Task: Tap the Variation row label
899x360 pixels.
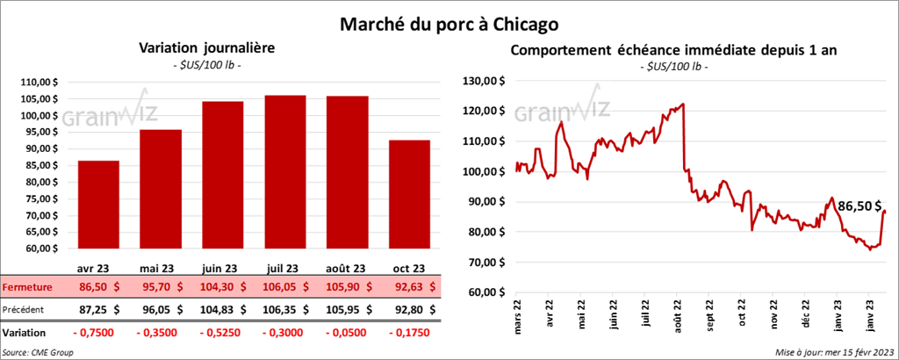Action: pos(25,334)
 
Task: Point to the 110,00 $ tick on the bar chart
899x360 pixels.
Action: pos(38,82)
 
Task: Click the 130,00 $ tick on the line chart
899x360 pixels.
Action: pos(485,80)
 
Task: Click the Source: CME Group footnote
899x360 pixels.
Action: pos(38,351)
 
